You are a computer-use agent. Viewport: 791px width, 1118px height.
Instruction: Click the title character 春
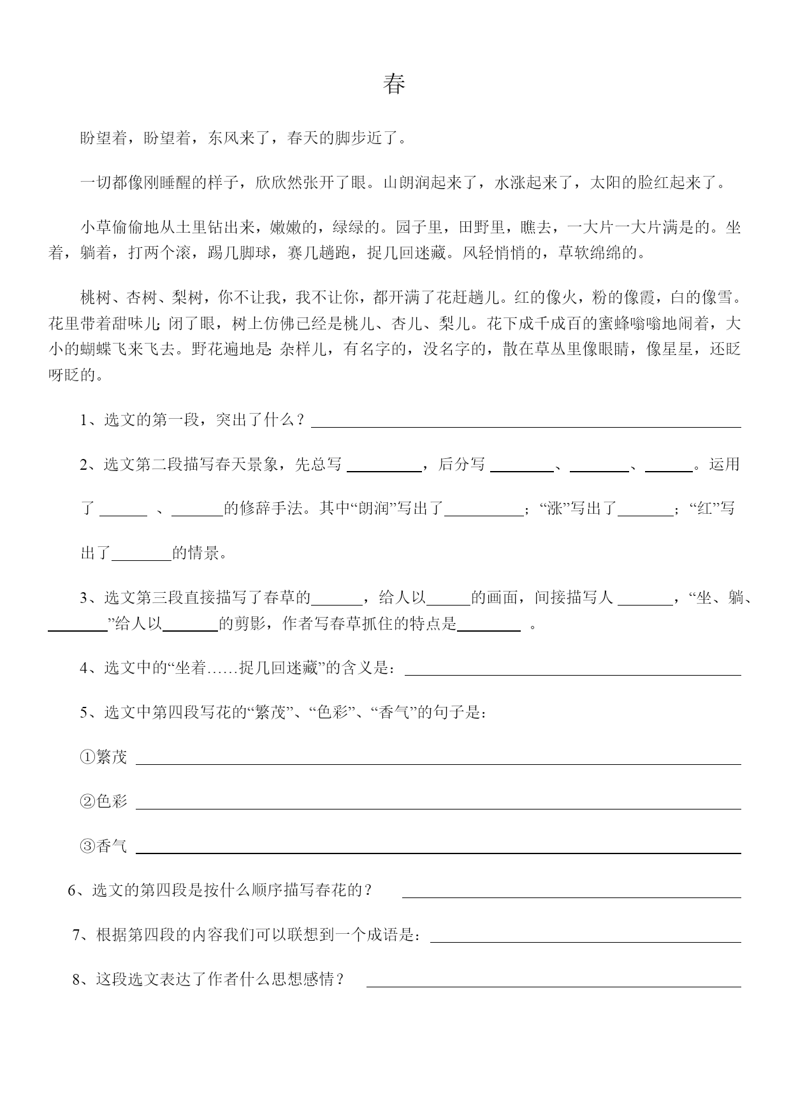[x=395, y=84]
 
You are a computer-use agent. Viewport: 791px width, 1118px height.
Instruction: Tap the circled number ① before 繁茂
[x=87, y=757]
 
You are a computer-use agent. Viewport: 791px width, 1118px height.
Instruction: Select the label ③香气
[x=103, y=846]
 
